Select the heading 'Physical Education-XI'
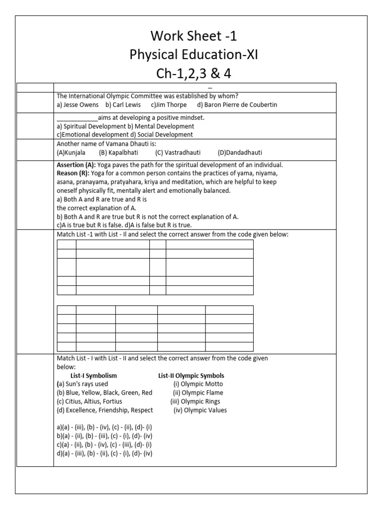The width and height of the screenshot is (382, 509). [194, 55]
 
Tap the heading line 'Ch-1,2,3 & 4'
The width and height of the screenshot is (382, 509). [194, 74]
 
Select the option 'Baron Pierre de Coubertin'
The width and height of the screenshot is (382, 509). [237, 105]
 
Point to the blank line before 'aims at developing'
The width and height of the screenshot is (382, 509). [77, 118]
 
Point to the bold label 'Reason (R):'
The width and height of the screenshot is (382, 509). [73, 173]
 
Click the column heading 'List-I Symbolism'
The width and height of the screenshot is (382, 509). [94, 376]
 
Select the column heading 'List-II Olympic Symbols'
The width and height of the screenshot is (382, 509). [191, 376]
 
